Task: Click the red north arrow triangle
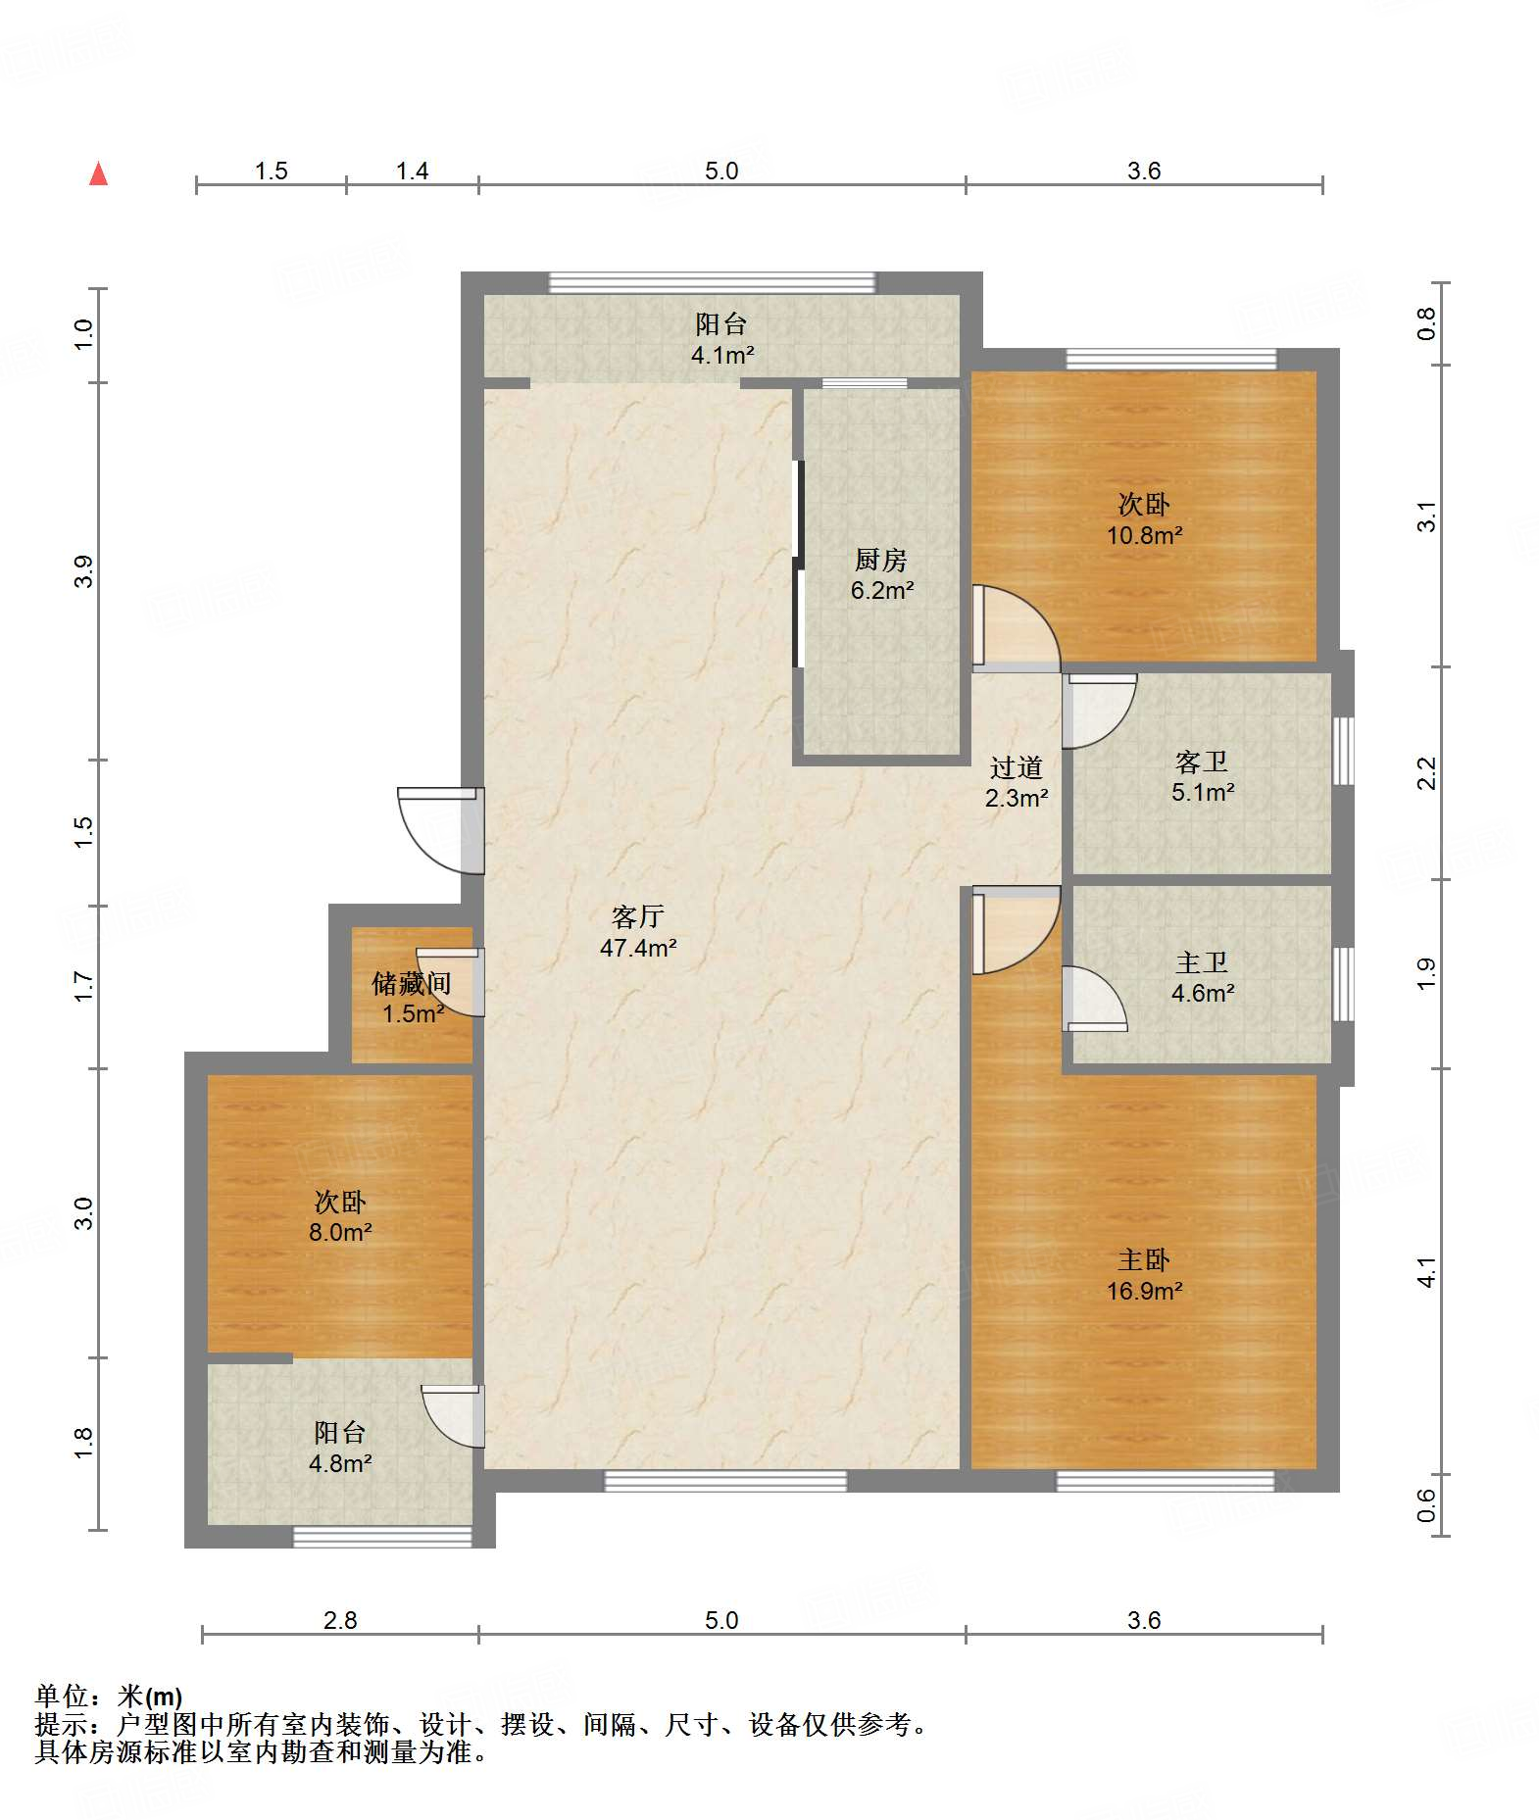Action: (x=98, y=173)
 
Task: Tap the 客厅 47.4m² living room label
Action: (x=638, y=932)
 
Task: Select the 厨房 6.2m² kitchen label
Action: (x=881, y=575)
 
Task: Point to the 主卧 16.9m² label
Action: (x=1144, y=1275)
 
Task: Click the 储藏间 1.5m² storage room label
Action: (x=412, y=999)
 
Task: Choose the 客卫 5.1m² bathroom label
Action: (x=1202, y=777)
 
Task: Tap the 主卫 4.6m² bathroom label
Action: (x=1202, y=978)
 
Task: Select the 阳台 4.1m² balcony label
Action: (x=721, y=339)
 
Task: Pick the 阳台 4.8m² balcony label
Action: (x=340, y=1448)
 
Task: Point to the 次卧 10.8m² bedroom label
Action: (x=1144, y=519)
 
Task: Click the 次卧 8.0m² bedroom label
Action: (x=340, y=1216)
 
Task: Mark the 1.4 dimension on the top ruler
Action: (x=412, y=172)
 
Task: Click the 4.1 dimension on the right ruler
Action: (x=1426, y=1272)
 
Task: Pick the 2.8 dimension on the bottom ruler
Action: (x=340, y=1620)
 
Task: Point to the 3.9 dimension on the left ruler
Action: (x=84, y=571)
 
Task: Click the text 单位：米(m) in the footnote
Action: (x=109, y=1696)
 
